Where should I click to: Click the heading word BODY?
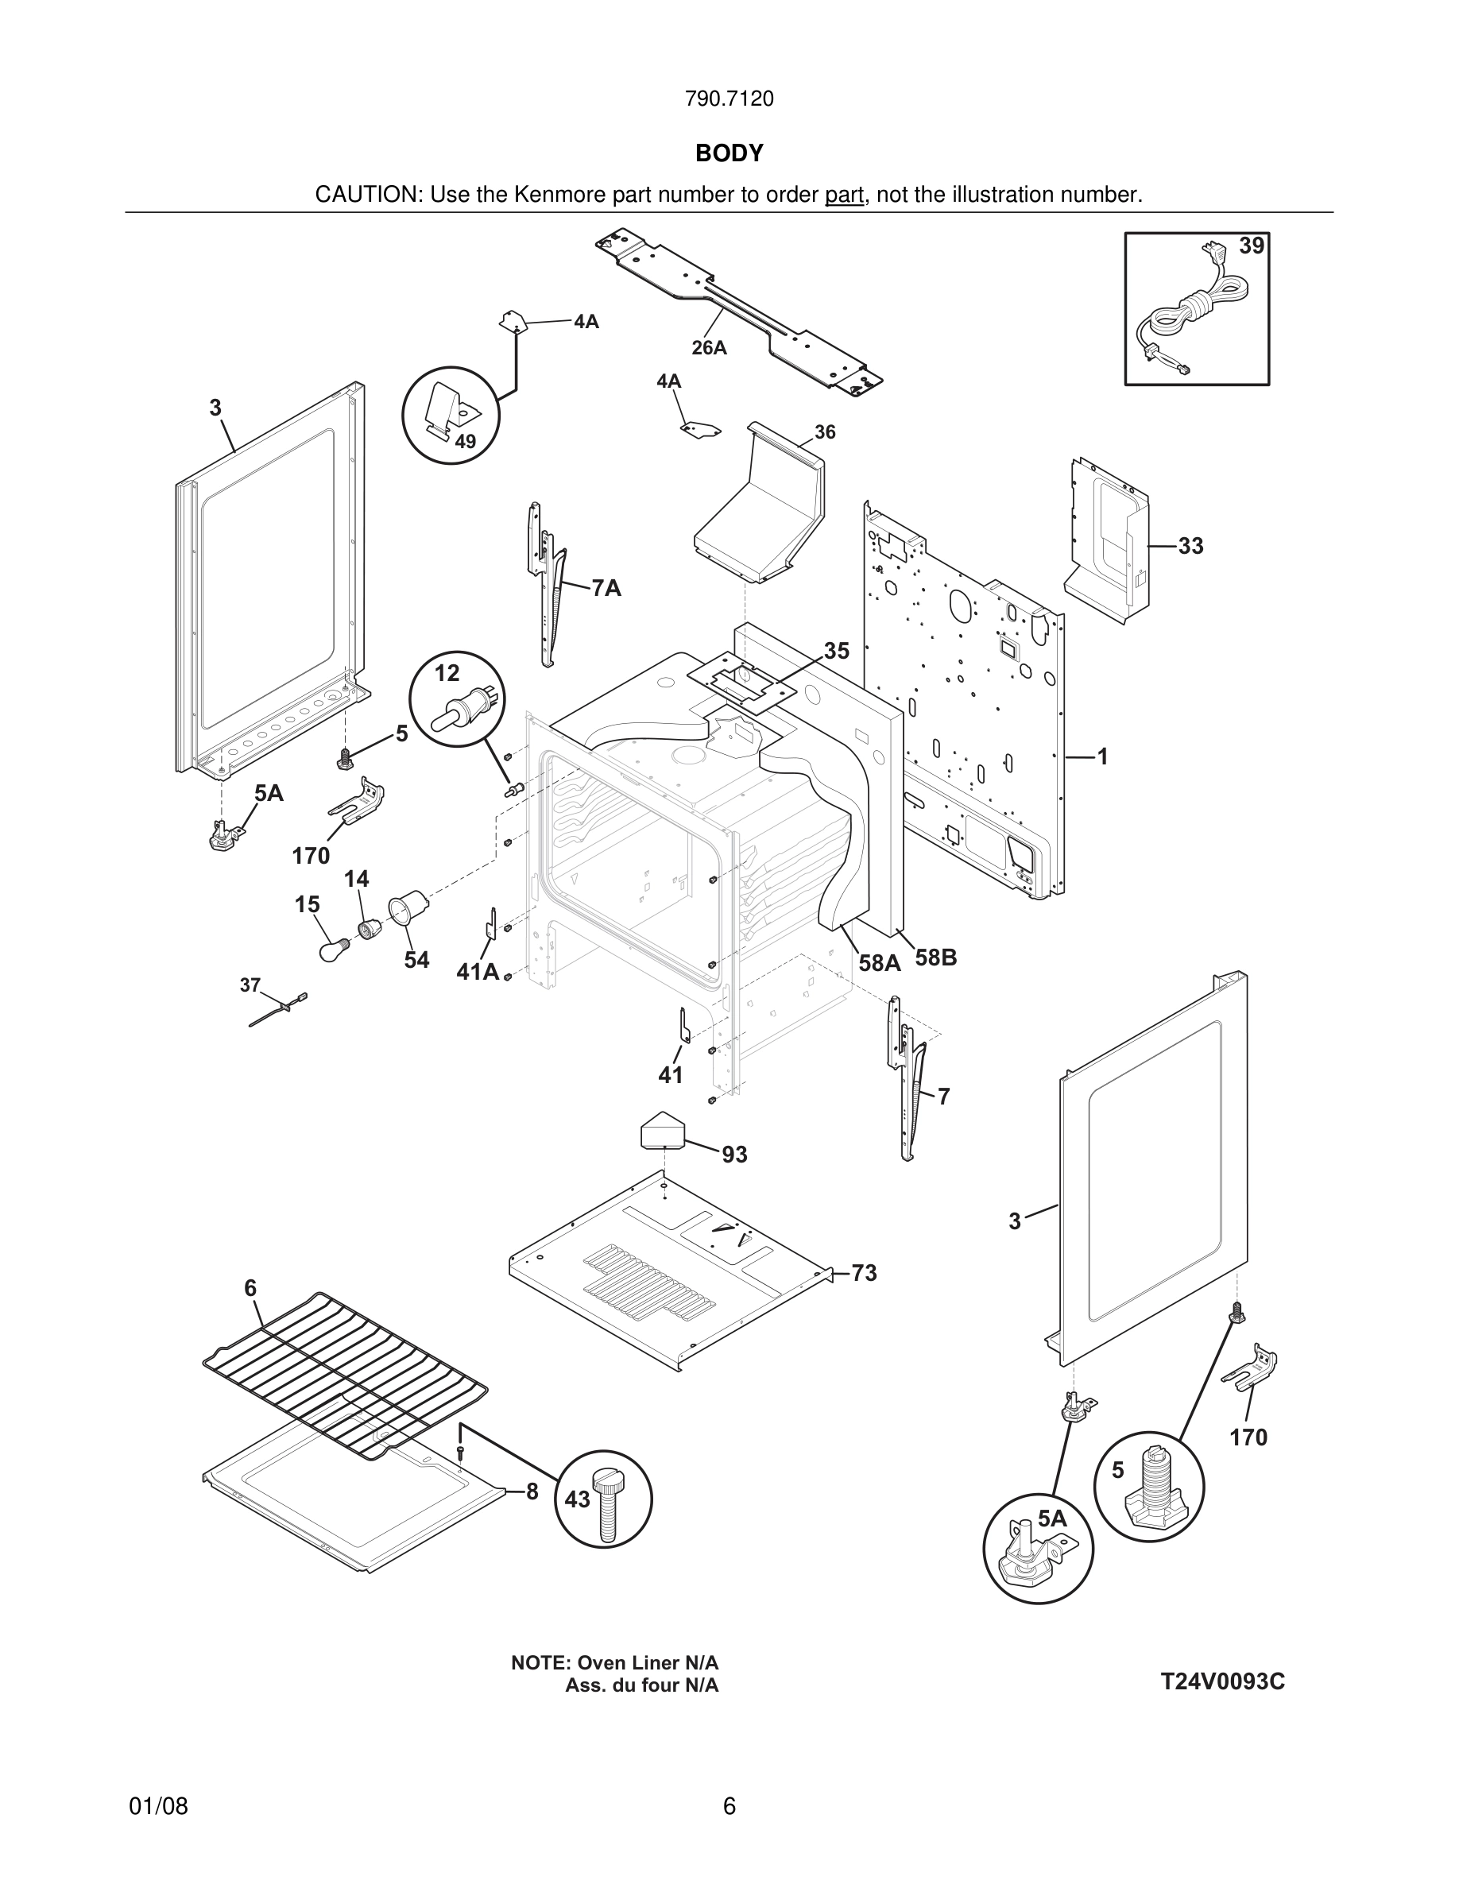(729, 153)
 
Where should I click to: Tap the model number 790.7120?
(729, 99)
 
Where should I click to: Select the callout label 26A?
(709, 347)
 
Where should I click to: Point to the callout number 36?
(825, 432)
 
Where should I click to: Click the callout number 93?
(735, 1154)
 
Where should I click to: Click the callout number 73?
(864, 1273)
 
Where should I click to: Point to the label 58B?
(936, 958)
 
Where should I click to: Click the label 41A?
(478, 972)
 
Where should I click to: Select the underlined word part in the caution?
(844, 195)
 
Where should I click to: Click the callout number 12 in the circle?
(447, 672)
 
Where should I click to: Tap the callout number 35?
(836, 650)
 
